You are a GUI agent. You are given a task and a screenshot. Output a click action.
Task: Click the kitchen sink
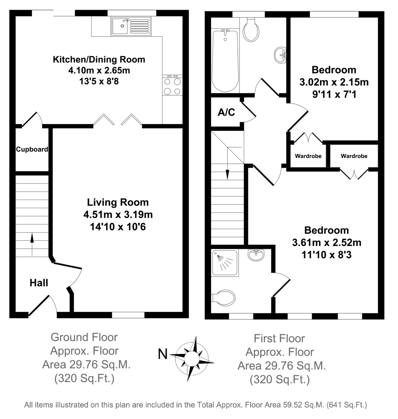point(131,26)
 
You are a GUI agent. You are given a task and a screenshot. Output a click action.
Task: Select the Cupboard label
point(32,149)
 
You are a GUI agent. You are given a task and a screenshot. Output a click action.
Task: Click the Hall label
point(39,283)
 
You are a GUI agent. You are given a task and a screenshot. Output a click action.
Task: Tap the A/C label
point(226,112)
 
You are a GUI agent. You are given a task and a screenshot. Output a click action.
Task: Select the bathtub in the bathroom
point(225,61)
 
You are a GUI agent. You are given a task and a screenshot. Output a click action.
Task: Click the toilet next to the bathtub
point(251,30)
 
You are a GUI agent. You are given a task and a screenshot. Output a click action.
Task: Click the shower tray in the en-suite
point(225,263)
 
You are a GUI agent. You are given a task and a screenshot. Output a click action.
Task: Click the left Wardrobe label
point(308,156)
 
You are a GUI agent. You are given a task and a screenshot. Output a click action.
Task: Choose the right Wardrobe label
point(354,156)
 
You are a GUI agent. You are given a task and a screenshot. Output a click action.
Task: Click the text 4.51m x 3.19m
point(118,214)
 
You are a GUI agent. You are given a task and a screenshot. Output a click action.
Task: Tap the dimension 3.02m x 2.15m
point(334,82)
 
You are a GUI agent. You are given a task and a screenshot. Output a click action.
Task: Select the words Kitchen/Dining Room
point(99,59)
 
